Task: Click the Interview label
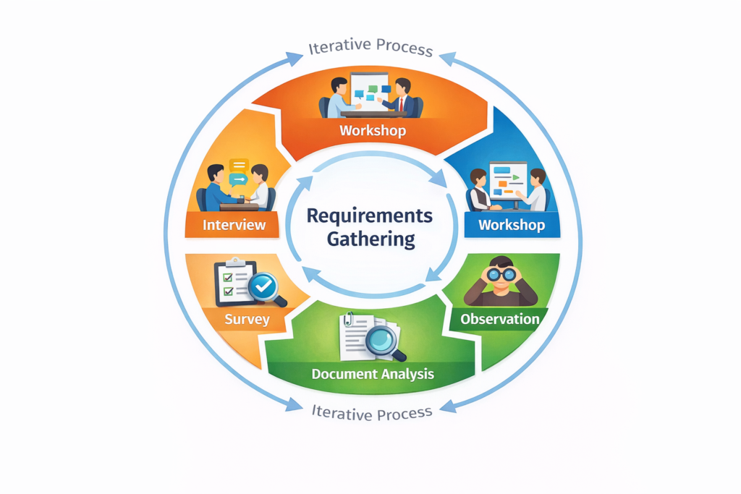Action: pyautogui.click(x=234, y=224)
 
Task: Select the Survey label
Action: pyautogui.click(x=247, y=319)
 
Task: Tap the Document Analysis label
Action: pyautogui.click(x=373, y=374)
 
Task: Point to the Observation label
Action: pyautogui.click(x=500, y=319)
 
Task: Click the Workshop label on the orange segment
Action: pyautogui.click(x=373, y=131)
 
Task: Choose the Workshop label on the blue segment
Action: pyautogui.click(x=512, y=224)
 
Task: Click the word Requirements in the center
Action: pyautogui.click(x=369, y=216)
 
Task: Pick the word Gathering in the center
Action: pyautogui.click(x=371, y=239)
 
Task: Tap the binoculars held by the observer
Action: pyautogui.click(x=501, y=274)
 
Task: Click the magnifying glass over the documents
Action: pyautogui.click(x=384, y=340)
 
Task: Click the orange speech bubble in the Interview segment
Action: pyautogui.click(x=238, y=166)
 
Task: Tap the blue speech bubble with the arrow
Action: pyautogui.click(x=237, y=180)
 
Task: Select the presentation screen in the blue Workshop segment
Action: pyautogui.click(x=508, y=178)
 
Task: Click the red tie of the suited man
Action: pyautogui.click(x=400, y=104)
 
